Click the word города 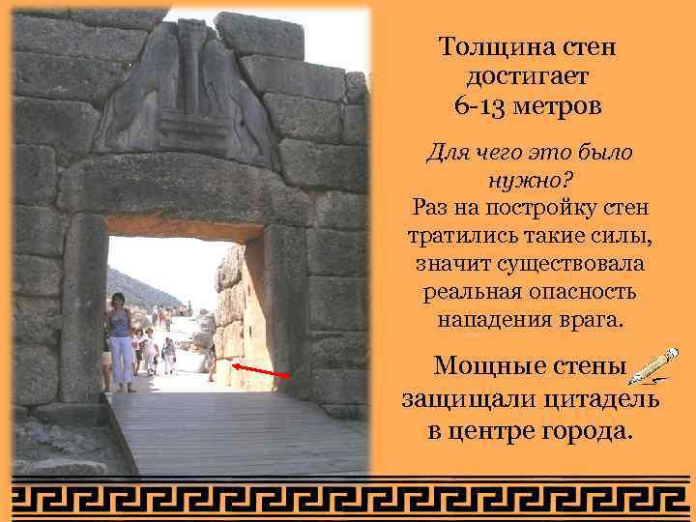(589, 429)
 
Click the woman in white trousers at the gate (120, 342)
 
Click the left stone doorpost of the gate (83, 309)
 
